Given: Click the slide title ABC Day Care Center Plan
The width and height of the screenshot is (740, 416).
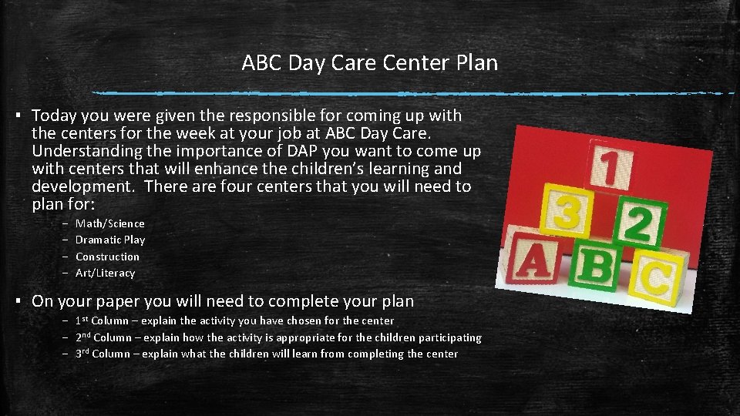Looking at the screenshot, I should pos(369,62).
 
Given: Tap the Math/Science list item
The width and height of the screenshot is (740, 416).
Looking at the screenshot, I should pos(109,223).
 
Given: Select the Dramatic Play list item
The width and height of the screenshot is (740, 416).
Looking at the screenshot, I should pos(109,240).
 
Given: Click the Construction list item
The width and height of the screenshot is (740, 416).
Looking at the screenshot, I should pos(107,257).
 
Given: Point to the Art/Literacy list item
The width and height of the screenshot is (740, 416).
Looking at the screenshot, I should pos(105,273).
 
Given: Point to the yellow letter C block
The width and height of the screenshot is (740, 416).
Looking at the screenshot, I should pos(656,277).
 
